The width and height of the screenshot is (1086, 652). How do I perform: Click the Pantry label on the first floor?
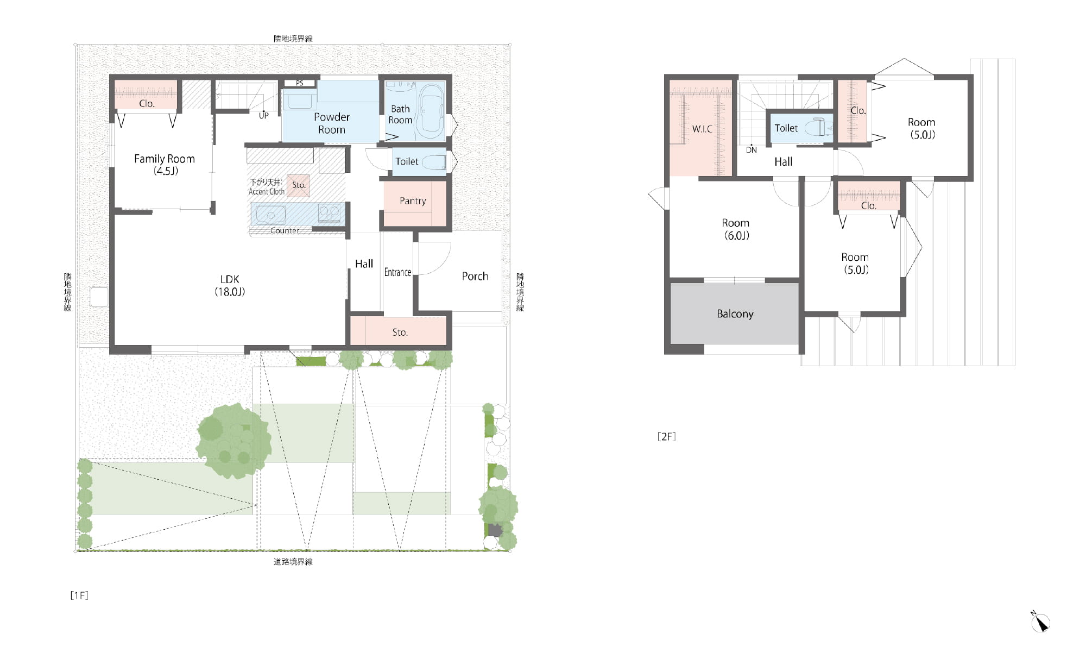[413, 201]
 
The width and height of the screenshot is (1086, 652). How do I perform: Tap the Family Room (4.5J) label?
[165, 165]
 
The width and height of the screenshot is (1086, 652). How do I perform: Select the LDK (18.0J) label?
[230, 285]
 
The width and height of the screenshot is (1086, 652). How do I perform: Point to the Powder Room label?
[331, 123]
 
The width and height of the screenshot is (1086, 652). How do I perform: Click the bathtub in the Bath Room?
[431, 111]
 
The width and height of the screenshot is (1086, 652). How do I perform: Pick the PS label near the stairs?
[300, 83]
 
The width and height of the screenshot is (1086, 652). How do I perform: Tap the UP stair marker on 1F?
[263, 116]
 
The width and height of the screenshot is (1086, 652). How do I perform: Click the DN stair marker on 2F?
[752, 150]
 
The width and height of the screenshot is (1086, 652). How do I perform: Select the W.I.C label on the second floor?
[702, 129]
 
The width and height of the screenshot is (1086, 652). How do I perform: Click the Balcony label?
[735, 314]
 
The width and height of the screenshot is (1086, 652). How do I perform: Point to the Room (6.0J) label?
[736, 229]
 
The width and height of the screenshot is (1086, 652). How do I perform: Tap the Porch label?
[475, 277]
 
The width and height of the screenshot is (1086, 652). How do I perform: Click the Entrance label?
[397, 272]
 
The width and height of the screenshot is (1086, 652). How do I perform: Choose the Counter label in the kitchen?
[285, 231]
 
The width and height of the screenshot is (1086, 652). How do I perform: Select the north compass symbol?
[1040, 622]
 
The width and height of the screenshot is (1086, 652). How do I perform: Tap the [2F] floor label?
[666, 436]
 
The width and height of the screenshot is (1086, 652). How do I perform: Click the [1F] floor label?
[79, 595]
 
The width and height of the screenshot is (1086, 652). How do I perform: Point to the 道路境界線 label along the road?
[293, 562]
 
